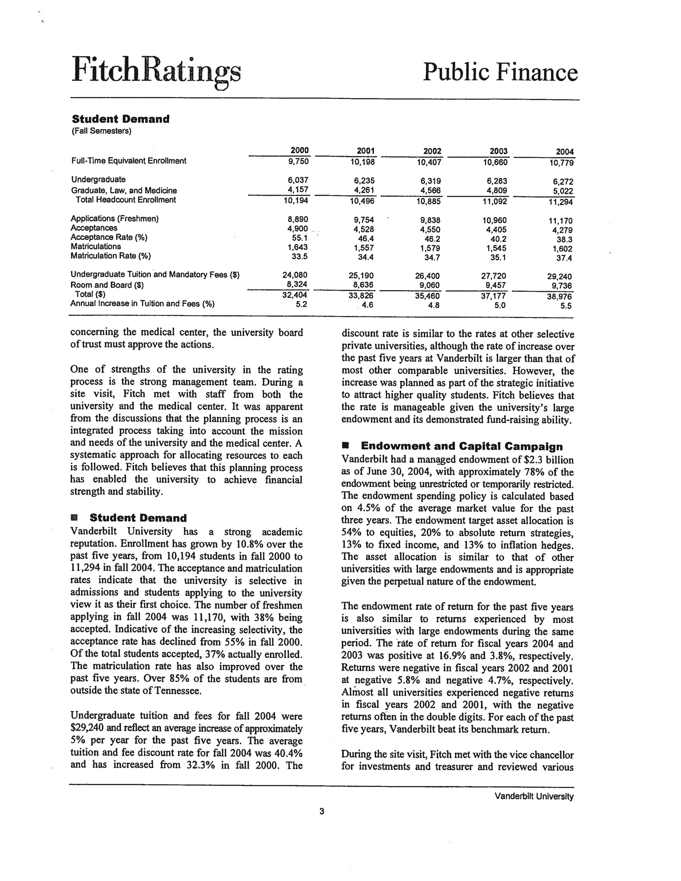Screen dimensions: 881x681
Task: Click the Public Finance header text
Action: point(500,72)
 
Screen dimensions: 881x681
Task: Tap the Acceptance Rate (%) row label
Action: point(109,237)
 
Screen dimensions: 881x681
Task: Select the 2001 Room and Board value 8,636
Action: point(363,285)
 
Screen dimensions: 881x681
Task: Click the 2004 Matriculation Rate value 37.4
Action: point(564,258)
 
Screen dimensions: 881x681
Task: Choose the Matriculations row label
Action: point(96,246)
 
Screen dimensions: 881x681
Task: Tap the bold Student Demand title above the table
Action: point(121,119)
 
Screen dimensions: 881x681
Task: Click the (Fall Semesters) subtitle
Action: point(101,131)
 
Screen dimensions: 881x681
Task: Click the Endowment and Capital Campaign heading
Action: point(462,446)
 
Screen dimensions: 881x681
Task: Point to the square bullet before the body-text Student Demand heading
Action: point(73,518)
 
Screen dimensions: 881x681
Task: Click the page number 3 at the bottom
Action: point(322,811)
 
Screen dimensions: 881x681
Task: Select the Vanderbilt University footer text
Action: point(534,796)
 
